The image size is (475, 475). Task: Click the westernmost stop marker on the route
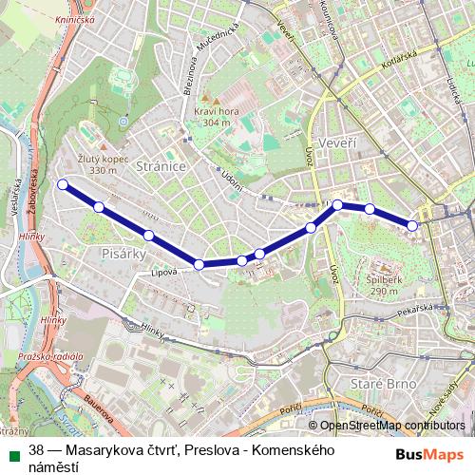tap(63, 184)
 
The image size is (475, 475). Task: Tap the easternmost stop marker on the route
tap(412, 225)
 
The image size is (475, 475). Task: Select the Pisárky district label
tap(121, 254)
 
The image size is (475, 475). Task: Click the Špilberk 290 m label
tap(383, 286)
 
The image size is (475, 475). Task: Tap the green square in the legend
tap(11, 451)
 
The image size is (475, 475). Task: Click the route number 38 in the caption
tap(37, 451)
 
